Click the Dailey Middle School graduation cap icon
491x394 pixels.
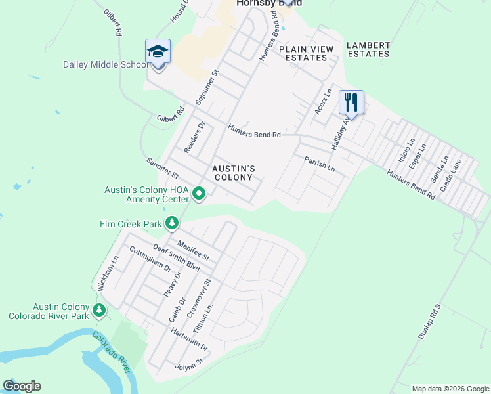click(x=158, y=51)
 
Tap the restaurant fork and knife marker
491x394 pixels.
click(x=351, y=102)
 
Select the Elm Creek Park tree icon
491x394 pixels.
click(x=172, y=224)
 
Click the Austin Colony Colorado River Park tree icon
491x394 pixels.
click(x=99, y=310)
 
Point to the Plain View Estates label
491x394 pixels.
click(x=303, y=53)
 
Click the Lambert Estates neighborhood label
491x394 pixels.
click(x=368, y=49)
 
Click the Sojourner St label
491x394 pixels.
click(x=207, y=87)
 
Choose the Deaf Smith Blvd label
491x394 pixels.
click(x=176, y=257)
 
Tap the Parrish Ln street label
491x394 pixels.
click(x=319, y=164)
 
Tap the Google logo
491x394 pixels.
click(x=22, y=386)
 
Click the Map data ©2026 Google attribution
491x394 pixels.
click(x=450, y=389)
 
